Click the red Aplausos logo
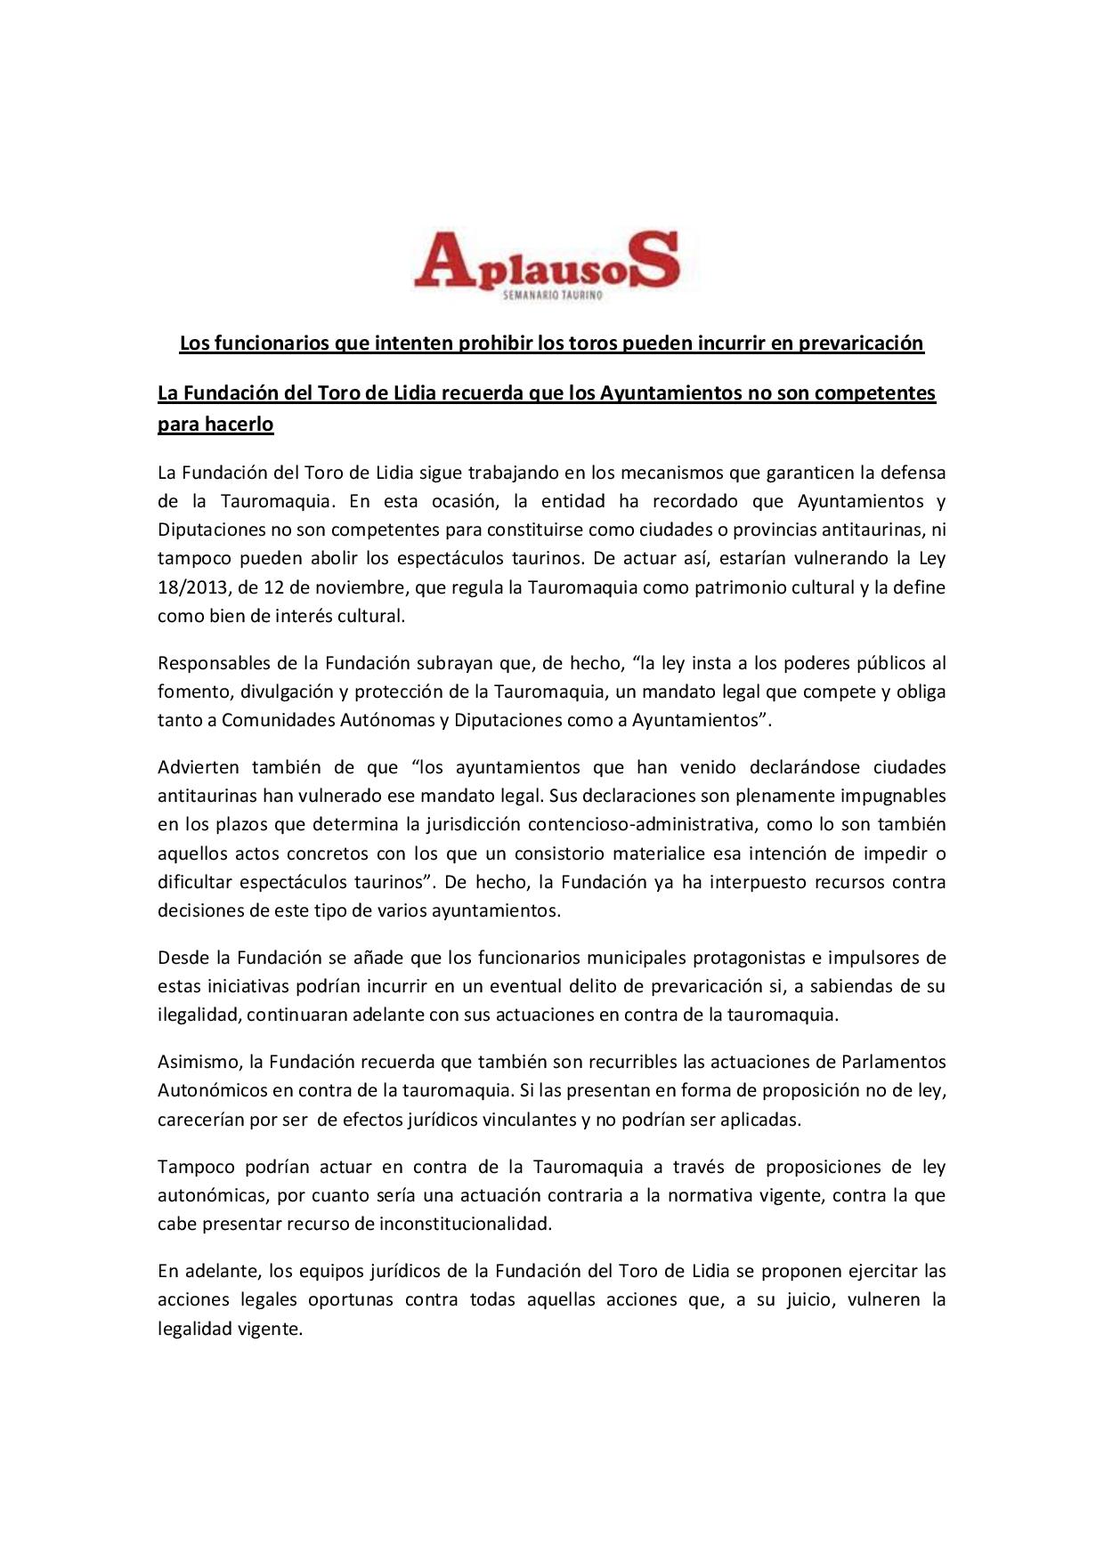coord(547,260)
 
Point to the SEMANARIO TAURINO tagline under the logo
coord(552,295)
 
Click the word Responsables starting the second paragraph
coord(208,663)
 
